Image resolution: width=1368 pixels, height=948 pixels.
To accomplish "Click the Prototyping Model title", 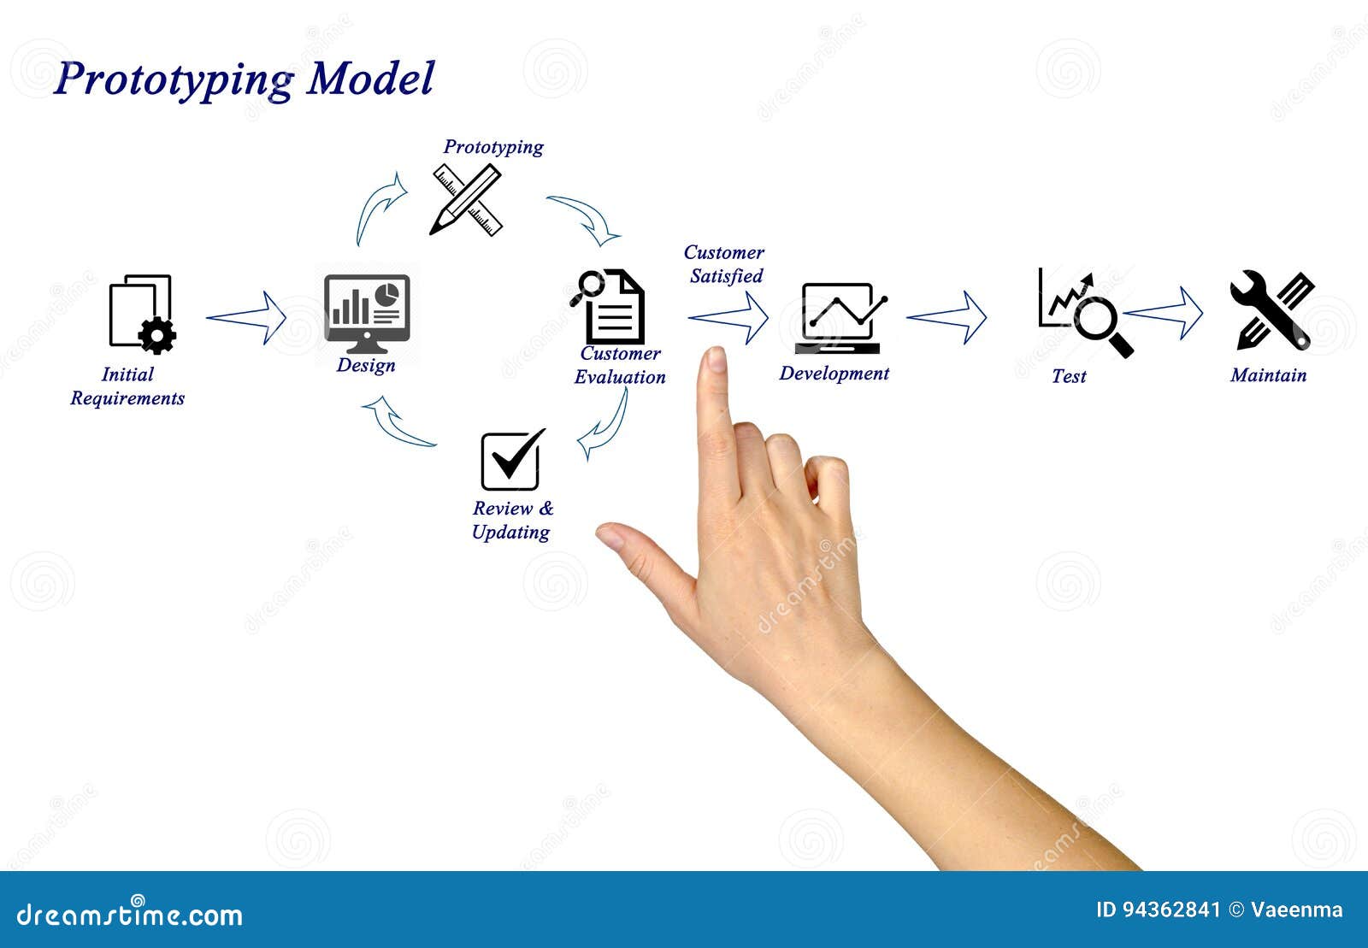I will click(x=245, y=79).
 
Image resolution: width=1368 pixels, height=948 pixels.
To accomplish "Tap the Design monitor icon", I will click(x=367, y=313).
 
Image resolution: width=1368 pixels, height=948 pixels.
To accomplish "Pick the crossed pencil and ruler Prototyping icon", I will click(x=466, y=201).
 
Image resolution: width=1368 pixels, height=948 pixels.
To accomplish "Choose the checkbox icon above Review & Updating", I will click(x=511, y=460).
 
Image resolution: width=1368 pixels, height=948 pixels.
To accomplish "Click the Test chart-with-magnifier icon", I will click(x=1083, y=312).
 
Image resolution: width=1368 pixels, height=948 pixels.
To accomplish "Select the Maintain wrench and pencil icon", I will click(x=1271, y=310).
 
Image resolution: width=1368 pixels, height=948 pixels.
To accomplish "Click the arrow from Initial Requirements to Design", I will click(x=247, y=318).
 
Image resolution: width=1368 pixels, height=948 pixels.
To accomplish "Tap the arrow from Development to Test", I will click(x=946, y=317).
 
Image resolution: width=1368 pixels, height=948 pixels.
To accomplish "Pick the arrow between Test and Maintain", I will click(x=1164, y=313).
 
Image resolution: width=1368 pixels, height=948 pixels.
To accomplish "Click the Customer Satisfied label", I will click(x=724, y=264).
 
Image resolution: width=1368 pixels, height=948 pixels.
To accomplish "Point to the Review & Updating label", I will click(x=512, y=520).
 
